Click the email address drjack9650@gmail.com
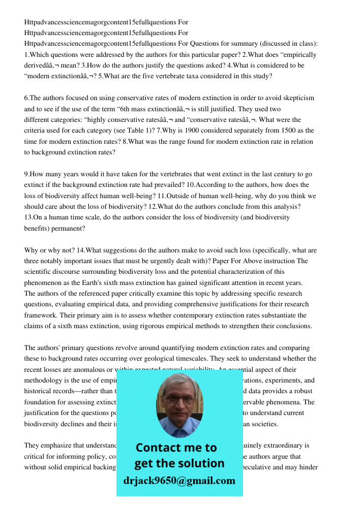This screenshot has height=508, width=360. point(179,481)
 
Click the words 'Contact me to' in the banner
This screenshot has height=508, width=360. point(176,448)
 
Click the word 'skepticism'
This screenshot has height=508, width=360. point(297,98)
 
